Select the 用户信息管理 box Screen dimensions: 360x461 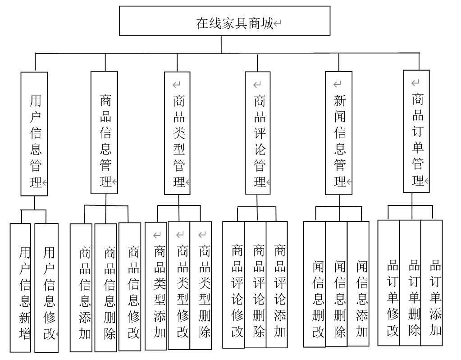click(34, 134)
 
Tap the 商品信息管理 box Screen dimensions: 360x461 click(104, 132)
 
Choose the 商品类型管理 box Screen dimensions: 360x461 click(177, 133)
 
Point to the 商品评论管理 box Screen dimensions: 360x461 click(258, 133)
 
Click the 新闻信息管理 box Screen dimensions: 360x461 click(338, 133)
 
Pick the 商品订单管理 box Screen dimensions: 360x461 click(416, 132)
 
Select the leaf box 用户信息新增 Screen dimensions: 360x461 click(21, 287)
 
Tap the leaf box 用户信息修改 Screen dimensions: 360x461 click(46, 287)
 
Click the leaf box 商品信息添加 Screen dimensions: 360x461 click(81, 287)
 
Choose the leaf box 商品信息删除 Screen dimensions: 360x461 click(106, 287)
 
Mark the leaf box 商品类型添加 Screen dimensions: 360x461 click(156, 286)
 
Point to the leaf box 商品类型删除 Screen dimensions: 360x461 click(201, 285)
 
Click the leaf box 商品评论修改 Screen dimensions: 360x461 click(233, 284)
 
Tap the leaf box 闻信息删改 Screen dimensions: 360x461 click(315, 284)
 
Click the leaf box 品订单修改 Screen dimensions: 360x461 click(388, 283)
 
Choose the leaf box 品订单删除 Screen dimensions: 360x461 click(410, 283)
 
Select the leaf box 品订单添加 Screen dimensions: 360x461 click(432, 283)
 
